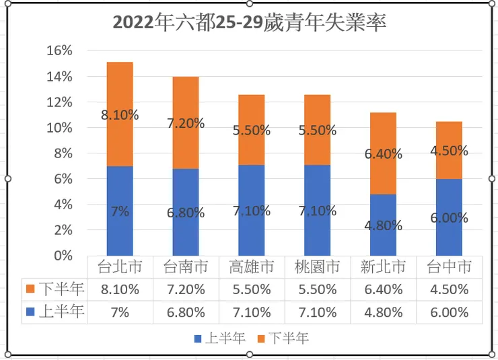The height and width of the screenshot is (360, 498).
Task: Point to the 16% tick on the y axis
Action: coord(59,51)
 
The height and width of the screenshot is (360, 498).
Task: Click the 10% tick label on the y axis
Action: coord(59,128)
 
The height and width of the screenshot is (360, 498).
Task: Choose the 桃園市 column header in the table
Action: coord(317,267)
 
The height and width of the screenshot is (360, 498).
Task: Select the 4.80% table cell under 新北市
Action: coord(383,312)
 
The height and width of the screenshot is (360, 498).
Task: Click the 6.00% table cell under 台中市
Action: coord(449,312)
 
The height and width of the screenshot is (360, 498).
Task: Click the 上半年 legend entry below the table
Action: coord(216,338)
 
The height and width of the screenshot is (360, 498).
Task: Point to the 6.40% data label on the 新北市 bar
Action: coord(383,154)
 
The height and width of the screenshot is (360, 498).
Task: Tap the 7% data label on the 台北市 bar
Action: coord(120,211)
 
